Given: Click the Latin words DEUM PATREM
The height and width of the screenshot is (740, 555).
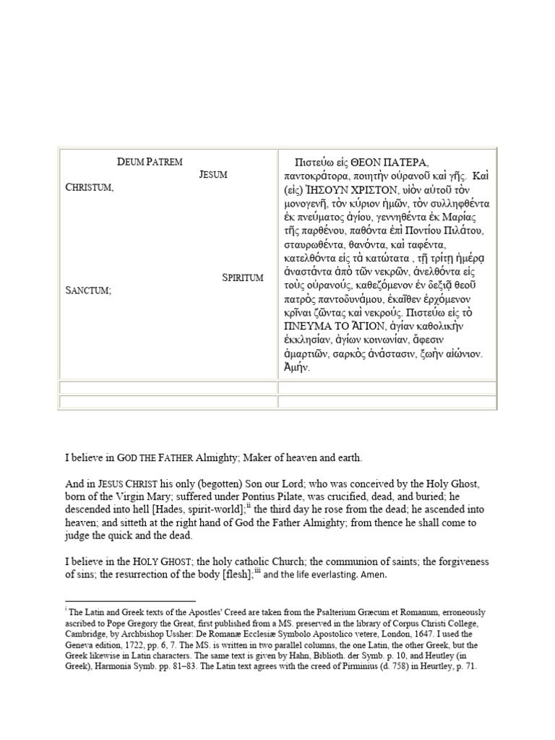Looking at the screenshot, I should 150,162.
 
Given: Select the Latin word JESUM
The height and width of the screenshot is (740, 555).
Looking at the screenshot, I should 213,175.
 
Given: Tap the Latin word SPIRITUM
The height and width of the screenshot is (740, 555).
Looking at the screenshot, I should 242,277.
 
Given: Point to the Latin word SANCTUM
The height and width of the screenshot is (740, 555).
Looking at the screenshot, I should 88,290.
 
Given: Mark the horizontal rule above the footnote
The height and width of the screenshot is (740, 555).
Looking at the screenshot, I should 130,601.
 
